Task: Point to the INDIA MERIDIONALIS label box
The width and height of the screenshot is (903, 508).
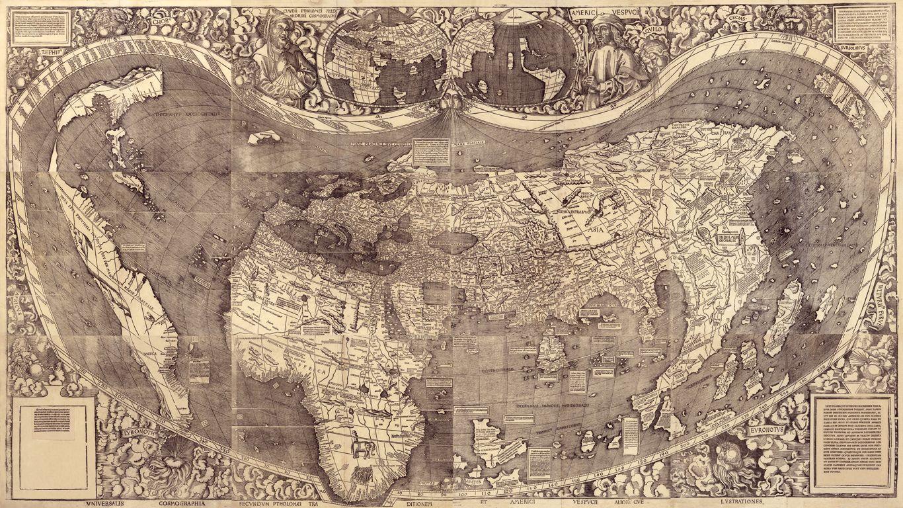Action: pyautogui.click(x=730, y=236)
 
